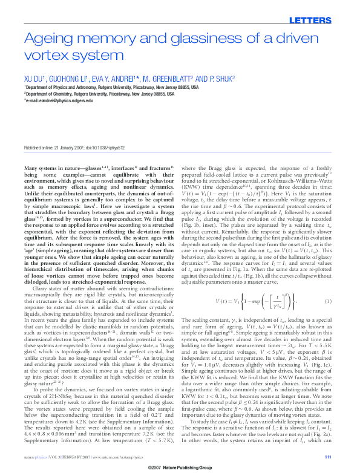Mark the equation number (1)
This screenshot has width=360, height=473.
click(x=328, y=301)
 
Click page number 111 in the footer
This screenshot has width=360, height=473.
click(x=328, y=457)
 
